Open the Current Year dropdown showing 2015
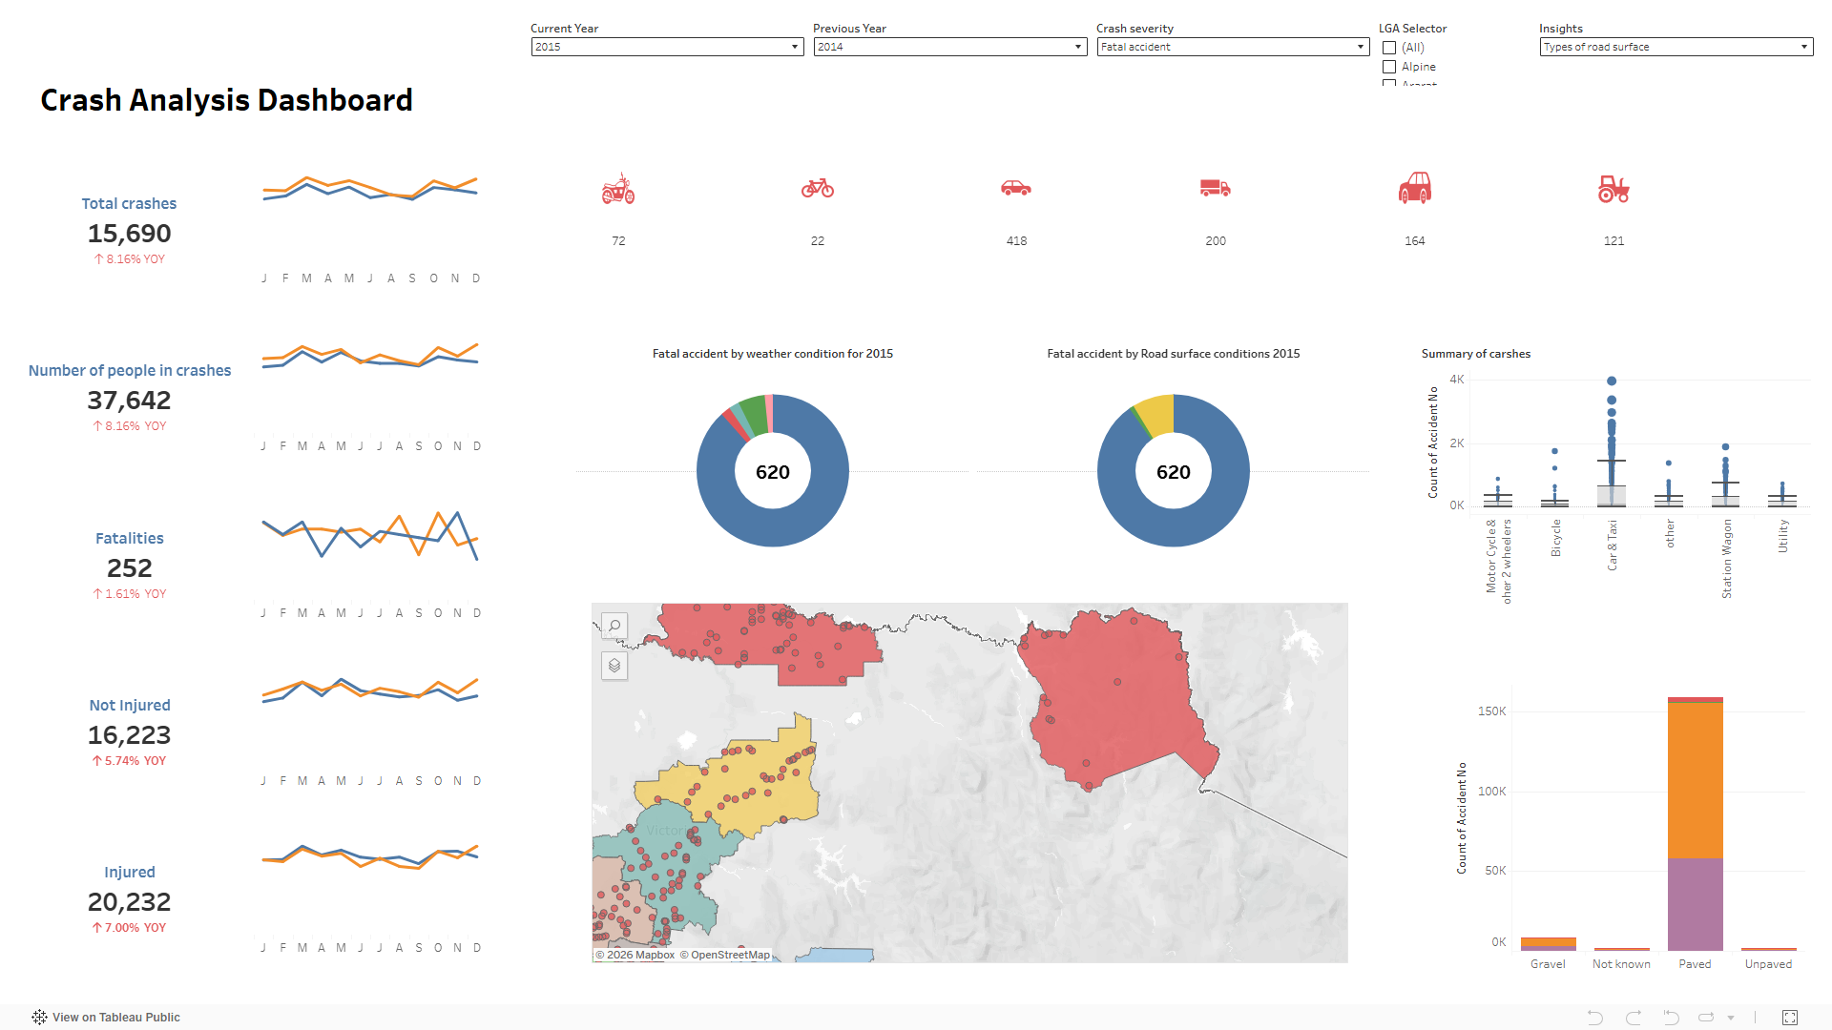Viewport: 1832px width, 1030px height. pos(667,47)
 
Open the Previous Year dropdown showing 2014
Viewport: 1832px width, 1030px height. pos(949,47)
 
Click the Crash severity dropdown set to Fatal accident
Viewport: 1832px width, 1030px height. pos(1233,47)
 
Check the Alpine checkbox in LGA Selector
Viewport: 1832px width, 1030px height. pos(1389,67)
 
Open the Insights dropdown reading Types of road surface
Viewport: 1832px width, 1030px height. pos(1676,47)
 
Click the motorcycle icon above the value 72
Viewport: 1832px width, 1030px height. pos(618,189)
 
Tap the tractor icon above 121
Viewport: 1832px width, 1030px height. pos(1613,189)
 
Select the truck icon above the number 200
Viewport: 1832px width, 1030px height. pos(1215,189)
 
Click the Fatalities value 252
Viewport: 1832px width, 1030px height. pos(130,568)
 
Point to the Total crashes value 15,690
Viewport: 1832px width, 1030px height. pos(130,234)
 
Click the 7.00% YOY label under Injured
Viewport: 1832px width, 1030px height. pos(130,928)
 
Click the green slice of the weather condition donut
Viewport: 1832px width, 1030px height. pos(754,414)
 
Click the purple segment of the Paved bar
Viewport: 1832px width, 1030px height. pos(1695,904)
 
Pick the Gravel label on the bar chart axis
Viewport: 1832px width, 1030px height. pos(1548,964)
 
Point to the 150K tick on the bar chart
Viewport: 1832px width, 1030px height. pos(1491,711)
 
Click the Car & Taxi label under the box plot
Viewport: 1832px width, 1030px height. pos(1613,546)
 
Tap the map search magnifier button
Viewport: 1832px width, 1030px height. pos(614,627)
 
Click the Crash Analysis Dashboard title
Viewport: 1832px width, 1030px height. pos(226,100)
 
